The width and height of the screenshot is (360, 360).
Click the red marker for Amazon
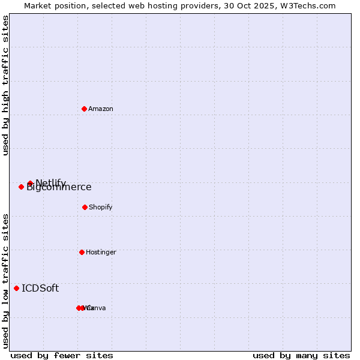point(84,109)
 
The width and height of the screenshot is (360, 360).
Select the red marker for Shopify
point(85,207)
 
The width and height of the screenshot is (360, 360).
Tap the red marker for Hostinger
point(82,252)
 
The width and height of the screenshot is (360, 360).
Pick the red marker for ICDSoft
point(16,288)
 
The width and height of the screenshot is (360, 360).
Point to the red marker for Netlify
point(30,183)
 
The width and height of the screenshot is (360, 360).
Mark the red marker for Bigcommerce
point(21,187)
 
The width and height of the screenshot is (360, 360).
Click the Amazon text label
point(101,109)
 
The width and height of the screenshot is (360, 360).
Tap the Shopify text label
point(101,207)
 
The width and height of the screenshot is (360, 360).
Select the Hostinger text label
point(101,252)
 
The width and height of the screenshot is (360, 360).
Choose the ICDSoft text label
point(40,288)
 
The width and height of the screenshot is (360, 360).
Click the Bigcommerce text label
point(59,188)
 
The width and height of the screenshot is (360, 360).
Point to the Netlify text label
point(51,182)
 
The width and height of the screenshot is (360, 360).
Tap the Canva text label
point(97,308)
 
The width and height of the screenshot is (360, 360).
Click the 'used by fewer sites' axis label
point(62,355)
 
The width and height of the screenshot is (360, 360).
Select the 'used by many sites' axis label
point(301,355)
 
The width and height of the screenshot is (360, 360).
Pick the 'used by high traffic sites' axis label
point(6,85)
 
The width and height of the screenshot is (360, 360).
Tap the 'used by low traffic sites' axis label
point(6,281)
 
